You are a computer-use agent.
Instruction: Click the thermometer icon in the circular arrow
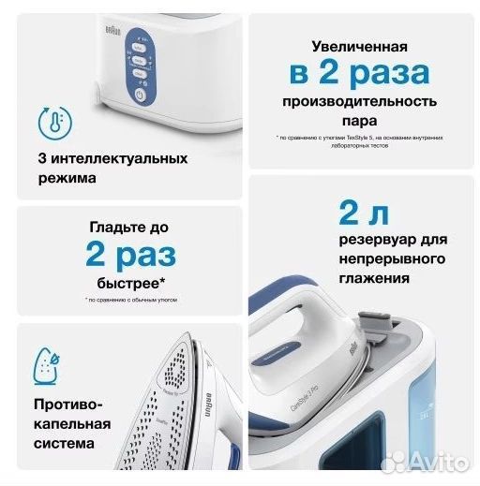pos(52,123)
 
